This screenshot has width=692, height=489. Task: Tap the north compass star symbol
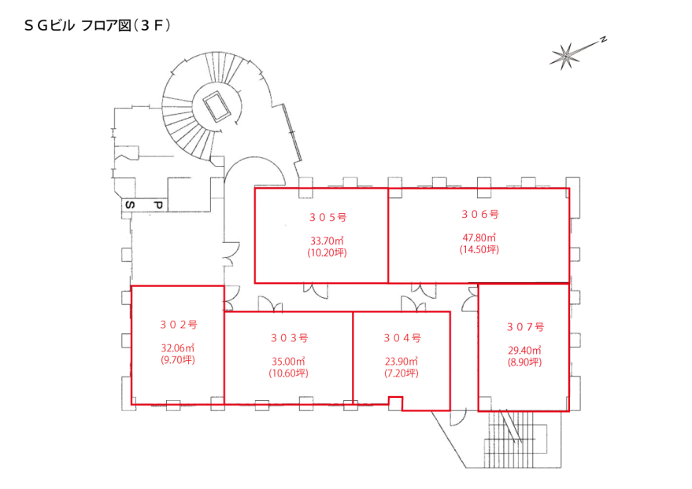[x=565, y=56]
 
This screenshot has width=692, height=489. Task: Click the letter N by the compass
[x=603, y=39]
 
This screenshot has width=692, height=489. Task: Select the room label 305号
[x=327, y=217]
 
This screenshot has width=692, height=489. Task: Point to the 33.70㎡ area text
[x=327, y=241]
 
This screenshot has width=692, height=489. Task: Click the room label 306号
[x=480, y=215]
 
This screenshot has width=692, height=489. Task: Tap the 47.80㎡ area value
[x=479, y=238]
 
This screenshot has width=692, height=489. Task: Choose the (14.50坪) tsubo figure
[x=479, y=250]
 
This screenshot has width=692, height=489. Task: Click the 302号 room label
[x=179, y=325]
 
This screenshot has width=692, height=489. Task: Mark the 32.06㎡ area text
[x=178, y=348]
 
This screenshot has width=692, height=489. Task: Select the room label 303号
[x=289, y=338]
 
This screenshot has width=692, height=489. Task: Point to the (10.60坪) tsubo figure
[x=289, y=373]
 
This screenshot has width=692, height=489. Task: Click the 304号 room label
[x=402, y=338]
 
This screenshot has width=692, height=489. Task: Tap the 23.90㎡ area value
[x=402, y=362]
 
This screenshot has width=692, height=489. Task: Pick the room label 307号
[x=525, y=327]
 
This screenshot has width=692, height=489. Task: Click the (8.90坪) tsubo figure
[x=525, y=362]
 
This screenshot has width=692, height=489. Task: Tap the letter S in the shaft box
[x=130, y=205]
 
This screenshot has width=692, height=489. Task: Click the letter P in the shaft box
[x=158, y=205]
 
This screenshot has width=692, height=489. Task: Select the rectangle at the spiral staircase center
[x=216, y=106]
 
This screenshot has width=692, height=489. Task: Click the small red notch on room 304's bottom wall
[x=395, y=400]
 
